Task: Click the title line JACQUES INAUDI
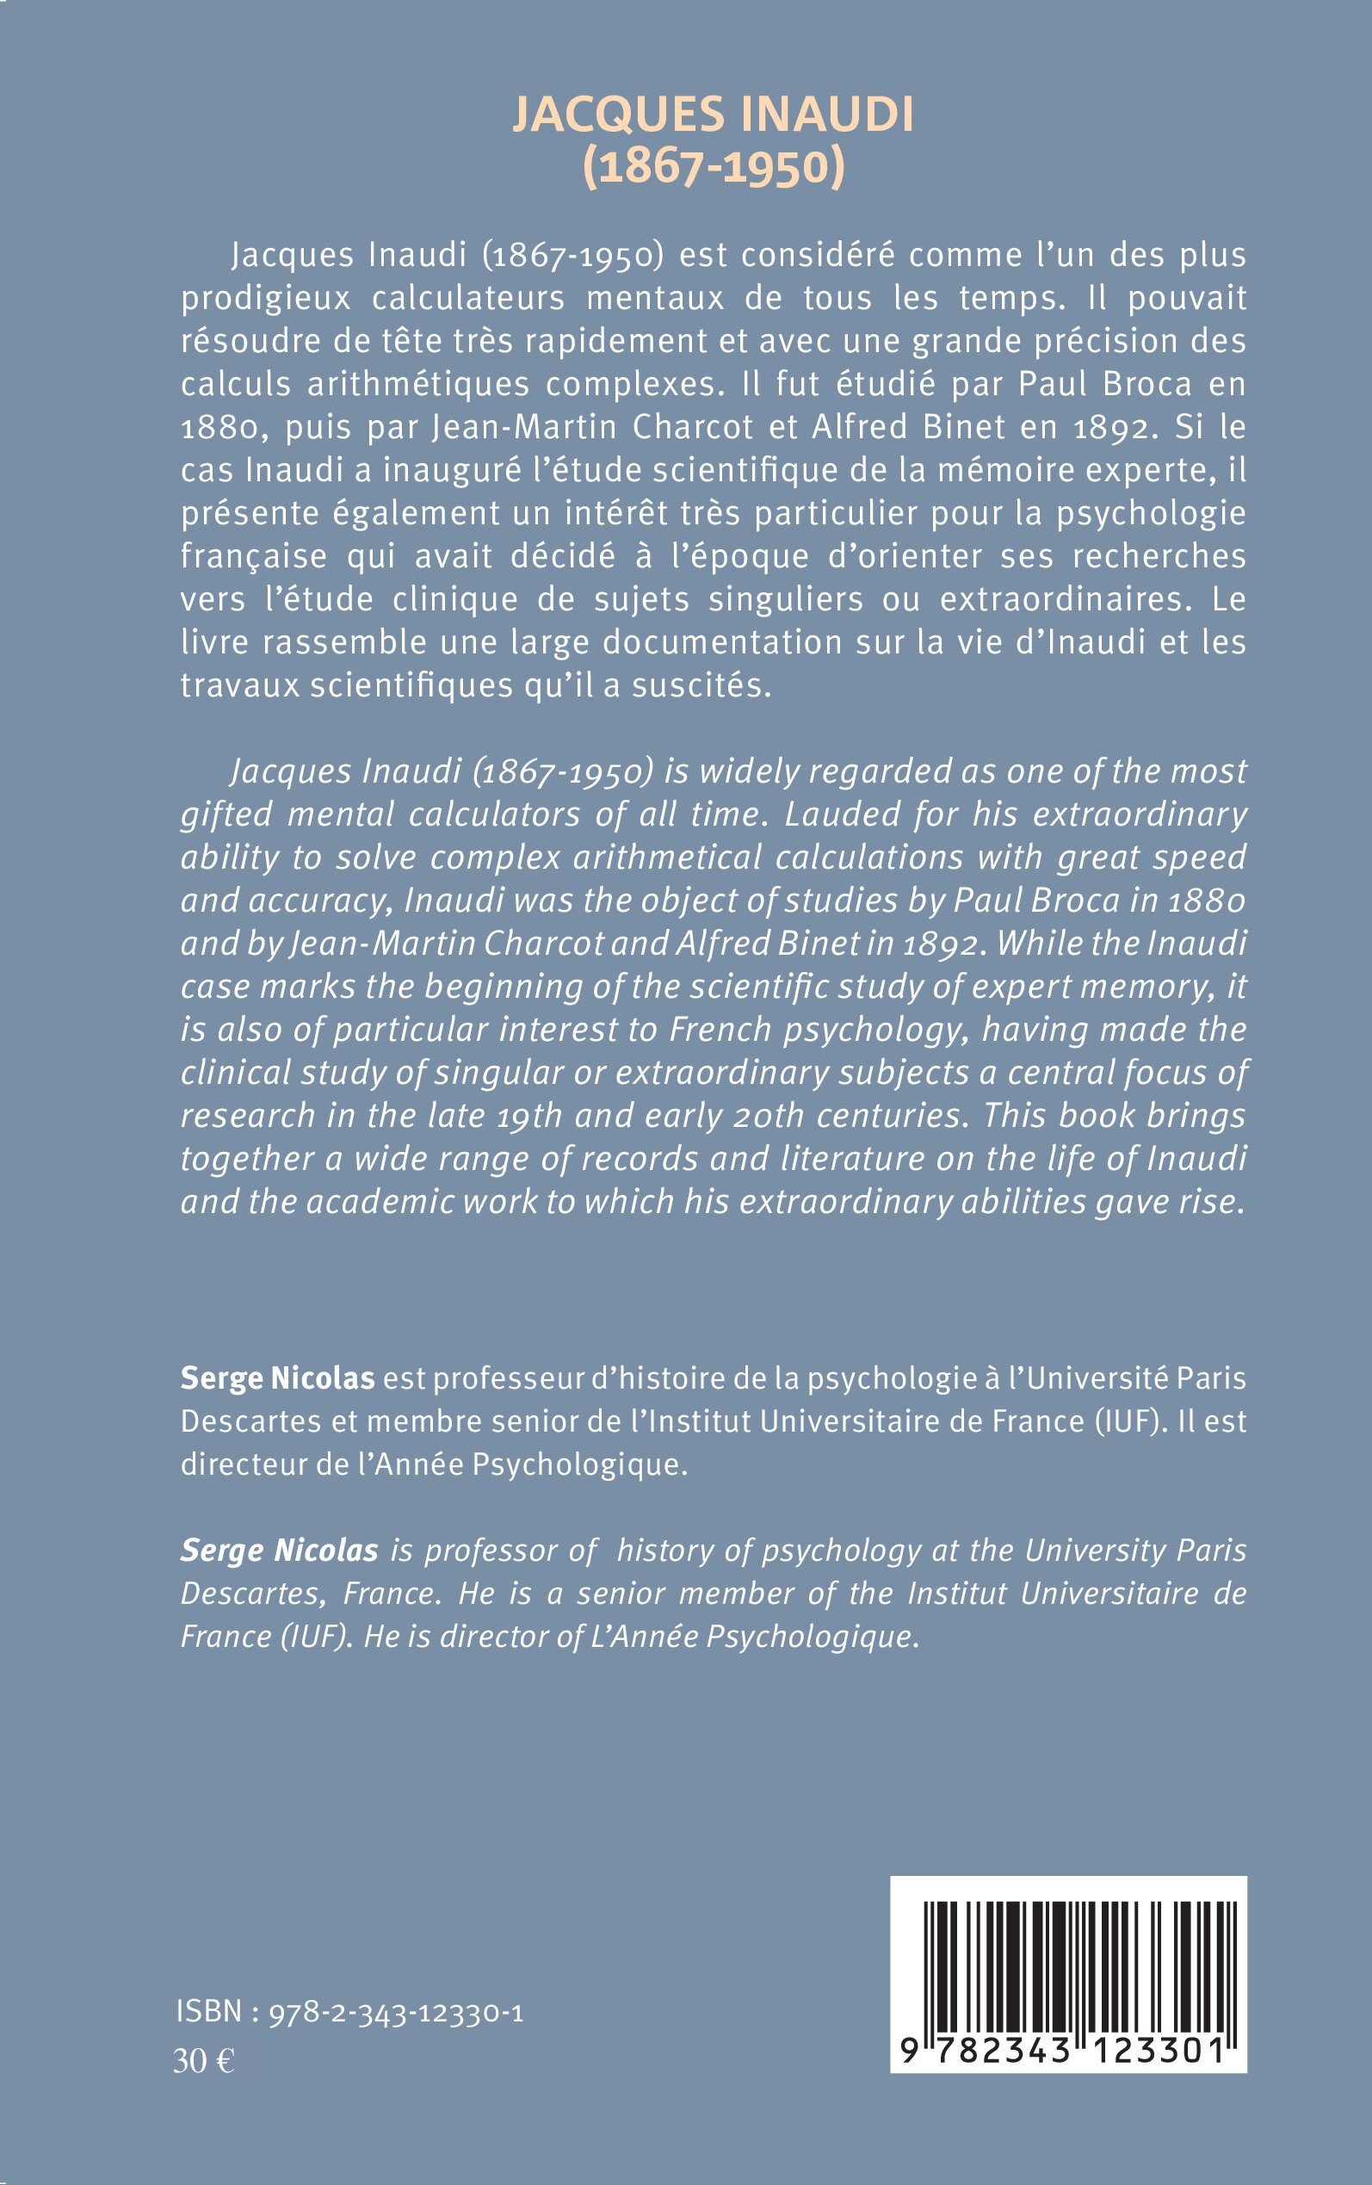pos(714,115)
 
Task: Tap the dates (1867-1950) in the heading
pos(714,167)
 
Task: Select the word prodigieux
pos(265,299)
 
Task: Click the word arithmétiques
pos(417,385)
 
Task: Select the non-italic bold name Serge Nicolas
pos(278,1378)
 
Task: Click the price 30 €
pos(204,2063)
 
